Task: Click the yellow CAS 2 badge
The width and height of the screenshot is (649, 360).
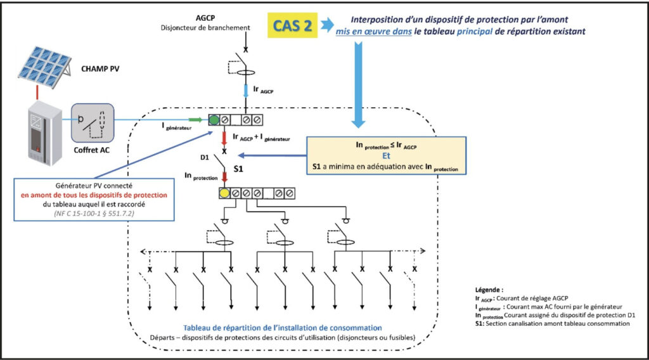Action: (x=292, y=25)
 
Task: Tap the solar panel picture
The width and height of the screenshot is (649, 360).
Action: (x=45, y=67)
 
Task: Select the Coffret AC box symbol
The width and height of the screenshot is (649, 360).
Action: (x=93, y=123)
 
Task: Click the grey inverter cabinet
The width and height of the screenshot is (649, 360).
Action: (x=45, y=132)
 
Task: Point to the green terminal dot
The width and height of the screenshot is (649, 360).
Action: (x=214, y=120)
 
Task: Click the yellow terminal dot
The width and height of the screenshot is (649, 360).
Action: (x=224, y=193)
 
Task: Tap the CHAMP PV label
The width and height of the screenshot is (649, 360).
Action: (x=100, y=68)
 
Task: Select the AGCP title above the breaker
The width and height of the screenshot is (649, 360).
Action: (x=205, y=18)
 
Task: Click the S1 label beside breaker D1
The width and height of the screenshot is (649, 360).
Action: (x=238, y=169)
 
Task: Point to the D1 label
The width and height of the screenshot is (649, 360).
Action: (x=205, y=158)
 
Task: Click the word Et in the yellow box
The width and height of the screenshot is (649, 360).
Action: (x=386, y=155)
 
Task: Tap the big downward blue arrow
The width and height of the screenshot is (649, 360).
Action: (x=359, y=85)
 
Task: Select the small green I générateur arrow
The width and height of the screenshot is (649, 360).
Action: (x=196, y=120)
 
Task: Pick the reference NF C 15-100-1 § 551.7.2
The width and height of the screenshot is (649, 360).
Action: (x=94, y=214)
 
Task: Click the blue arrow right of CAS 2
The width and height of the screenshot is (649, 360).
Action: (x=327, y=25)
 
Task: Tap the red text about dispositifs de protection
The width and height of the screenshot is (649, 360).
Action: (x=94, y=195)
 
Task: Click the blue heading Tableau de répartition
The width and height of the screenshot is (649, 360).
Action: (x=283, y=328)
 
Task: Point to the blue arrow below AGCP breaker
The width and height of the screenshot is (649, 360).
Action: (x=245, y=91)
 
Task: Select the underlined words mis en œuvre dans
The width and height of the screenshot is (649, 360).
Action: (x=373, y=32)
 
